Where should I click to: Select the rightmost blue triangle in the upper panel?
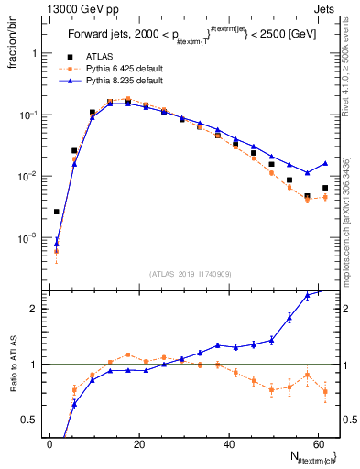click(325, 163)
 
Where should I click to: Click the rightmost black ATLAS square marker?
click(325, 188)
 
